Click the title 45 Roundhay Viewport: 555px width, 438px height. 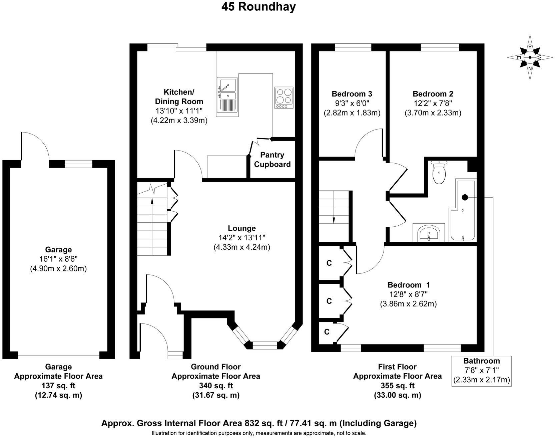click(x=258, y=6)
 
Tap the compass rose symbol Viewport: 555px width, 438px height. click(x=530, y=57)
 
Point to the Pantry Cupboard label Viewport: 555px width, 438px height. click(x=272, y=160)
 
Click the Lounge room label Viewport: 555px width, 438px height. click(x=242, y=228)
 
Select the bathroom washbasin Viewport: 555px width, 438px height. click(x=429, y=232)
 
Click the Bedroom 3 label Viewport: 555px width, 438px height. click(x=352, y=94)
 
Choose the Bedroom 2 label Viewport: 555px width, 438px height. click(x=433, y=94)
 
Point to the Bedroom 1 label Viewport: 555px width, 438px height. click(x=409, y=285)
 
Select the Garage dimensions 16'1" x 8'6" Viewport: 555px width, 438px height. click(x=58, y=259)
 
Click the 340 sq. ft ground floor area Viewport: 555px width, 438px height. click(x=215, y=386)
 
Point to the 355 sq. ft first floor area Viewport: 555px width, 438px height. click(x=397, y=386)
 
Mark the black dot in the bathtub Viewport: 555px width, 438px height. click(x=465, y=197)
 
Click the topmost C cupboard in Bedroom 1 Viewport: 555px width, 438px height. click(x=329, y=263)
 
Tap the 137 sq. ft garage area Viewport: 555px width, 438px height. click(x=58, y=386)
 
